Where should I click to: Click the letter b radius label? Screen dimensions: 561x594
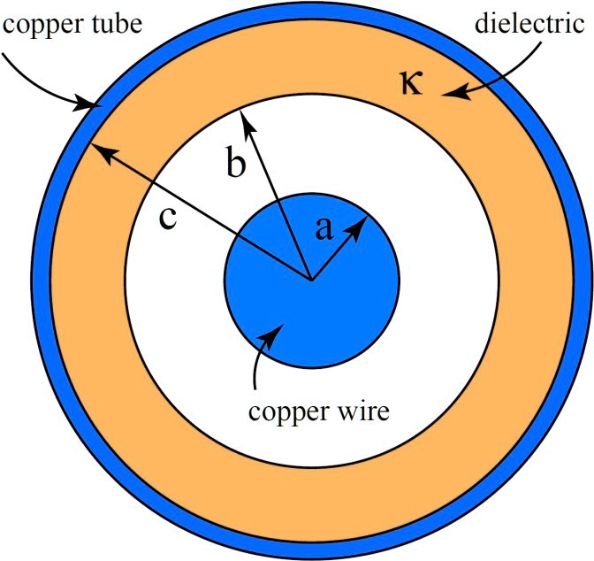234,164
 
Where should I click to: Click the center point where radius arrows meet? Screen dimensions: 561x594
310,279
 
